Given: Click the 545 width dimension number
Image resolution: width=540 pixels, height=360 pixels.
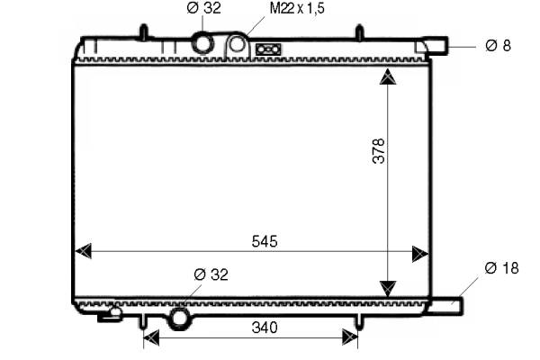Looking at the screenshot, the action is [x=265, y=241].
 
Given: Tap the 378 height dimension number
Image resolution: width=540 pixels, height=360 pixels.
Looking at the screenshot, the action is [x=379, y=150].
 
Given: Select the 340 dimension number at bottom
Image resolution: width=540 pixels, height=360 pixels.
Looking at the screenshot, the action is [x=265, y=328].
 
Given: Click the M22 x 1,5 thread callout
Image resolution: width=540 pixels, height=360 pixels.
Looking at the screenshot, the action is [x=297, y=8].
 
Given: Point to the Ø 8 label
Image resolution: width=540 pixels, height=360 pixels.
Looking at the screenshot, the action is [x=498, y=46].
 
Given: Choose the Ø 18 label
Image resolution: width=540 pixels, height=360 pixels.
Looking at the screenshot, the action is [x=501, y=268].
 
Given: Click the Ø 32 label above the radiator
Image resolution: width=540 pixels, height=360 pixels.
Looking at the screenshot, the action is [x=203, y=8].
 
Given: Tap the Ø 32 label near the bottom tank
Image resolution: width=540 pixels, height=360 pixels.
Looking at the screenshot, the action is [x=211, y=274].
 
